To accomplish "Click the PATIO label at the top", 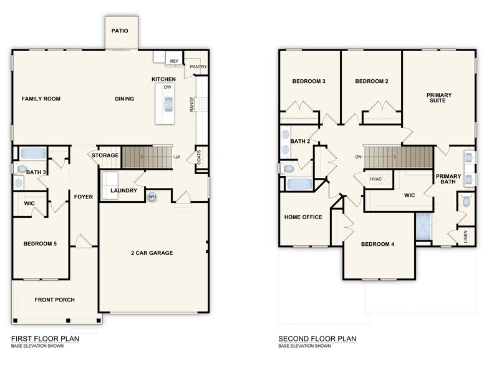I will coord(120,30).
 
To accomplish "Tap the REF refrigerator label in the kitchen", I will coord(175,61).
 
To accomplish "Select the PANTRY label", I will coord(198,67).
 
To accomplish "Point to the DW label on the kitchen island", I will coord(167,87).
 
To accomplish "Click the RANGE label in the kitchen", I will coord(191,104).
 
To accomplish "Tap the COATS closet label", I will coord(199,158).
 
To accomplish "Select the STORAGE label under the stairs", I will coord(105,155).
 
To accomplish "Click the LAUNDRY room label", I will coord(123,190).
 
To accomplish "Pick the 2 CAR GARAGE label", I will coord(152,253).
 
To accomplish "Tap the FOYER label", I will coord(83,197).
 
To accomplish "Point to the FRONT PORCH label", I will coord(54,300).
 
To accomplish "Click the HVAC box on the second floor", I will coord(376,179).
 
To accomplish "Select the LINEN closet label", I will coord(466,237).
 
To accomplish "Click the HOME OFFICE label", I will coord(303,217).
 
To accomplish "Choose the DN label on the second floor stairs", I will coord(359,157).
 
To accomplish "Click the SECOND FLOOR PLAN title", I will coord(317,339).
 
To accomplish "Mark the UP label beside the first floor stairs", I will coord(177,157).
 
